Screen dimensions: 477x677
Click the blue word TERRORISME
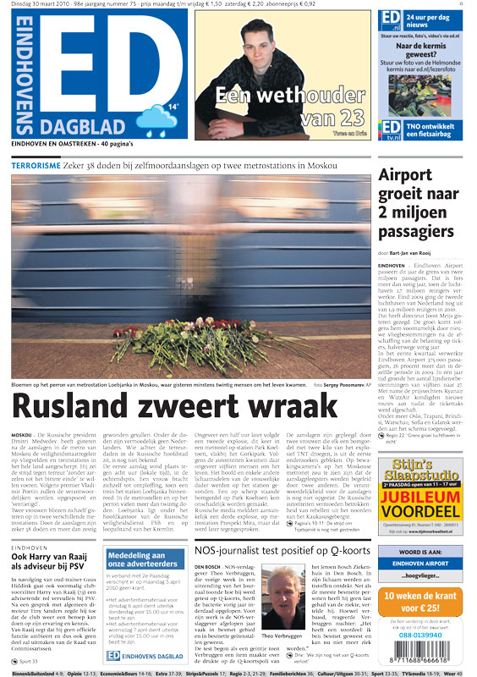pos(36,166)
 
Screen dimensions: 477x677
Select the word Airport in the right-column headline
pos(409,176)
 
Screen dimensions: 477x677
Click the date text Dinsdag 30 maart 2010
pos(39,5)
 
